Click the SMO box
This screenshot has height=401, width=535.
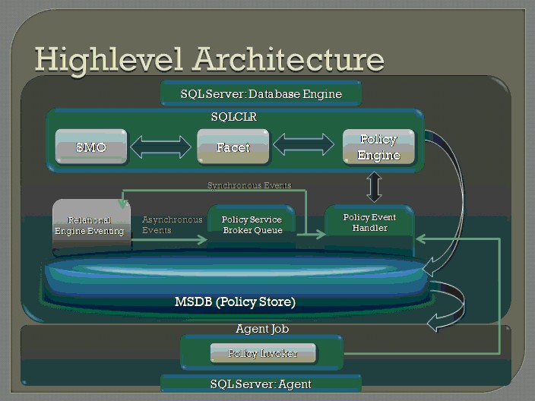pyautogui.click(x=91, y=147)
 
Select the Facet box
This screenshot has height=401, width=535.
pyautogui.click(x=233, y=147)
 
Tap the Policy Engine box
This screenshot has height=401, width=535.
pyautogui.click(x=378, y=147)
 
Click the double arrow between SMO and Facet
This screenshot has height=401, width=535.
pyautogui.click(x=161, y=147)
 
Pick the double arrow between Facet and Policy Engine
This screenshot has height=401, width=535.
pyautogui.click(x=303, y=144)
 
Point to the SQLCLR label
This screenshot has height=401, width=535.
pyautogui.click(x=235, y=118)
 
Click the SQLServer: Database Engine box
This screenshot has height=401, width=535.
pyautogui.click(x=261, y=94)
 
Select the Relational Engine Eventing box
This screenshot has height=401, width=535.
pyautogui.click(x=90, y=225)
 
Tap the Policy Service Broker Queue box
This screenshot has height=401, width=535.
pyautogui.click(x=252, y=225)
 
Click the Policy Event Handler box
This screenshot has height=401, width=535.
pyautogui.click(x=369, y=223)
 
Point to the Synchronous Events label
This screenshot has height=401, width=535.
pyautogui.click(x=249, y=185)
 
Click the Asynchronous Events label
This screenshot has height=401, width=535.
pyautogui.click(x=172, y=225)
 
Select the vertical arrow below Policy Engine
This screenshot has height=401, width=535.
pyautogui.click(x=374, y=187)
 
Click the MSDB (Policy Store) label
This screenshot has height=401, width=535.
pyautogui.click(x=235, y=302)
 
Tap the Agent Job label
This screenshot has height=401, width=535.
pyautogui.click(x=262, y=329)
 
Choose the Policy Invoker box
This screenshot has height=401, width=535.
pyautogui.click(x=263, y=353)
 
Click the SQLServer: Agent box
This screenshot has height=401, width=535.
pyautogui.click(x=261, y=384)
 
